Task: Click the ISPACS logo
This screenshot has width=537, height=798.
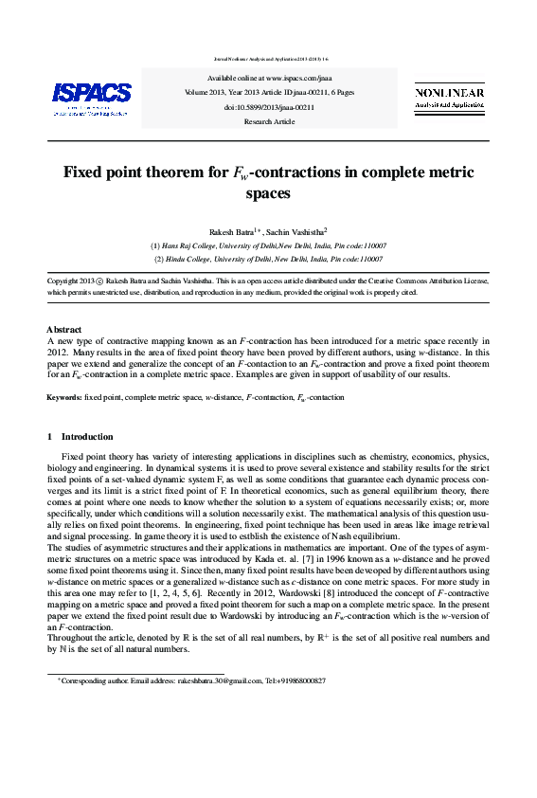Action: point(91,96)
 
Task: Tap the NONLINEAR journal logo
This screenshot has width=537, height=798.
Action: point(449,99)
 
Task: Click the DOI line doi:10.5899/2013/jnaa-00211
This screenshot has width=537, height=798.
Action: point(269,108)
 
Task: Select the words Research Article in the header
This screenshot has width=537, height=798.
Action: point(269,121)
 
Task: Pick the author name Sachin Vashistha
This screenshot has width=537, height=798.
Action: point(296,230)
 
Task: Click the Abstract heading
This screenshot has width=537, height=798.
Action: point(64,329)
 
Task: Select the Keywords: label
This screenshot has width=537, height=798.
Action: point(64,397)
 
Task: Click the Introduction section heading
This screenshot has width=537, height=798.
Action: point(87,437)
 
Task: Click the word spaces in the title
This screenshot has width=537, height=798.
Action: point(268,194)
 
